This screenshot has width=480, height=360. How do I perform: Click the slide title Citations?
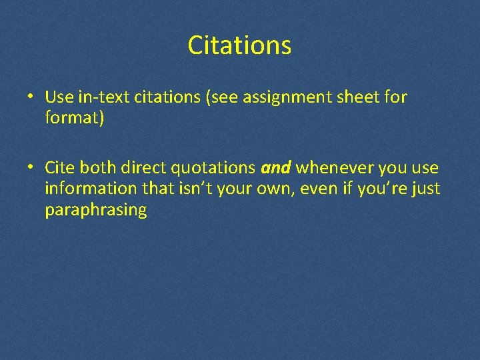coord(239,45)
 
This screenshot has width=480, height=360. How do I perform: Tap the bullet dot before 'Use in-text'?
coord(31,97)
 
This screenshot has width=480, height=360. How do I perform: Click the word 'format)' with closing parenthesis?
coord(75,118)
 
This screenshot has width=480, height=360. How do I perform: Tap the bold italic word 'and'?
coord(276,169)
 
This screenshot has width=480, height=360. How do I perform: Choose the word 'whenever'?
coord(334,169)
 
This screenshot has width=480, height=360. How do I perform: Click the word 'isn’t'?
coord(196,189)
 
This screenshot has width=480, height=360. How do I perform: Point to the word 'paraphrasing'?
coord(95,211)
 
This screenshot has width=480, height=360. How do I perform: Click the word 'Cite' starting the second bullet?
coord(60,169)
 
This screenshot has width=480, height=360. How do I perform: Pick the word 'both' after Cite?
coord(98,169)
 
